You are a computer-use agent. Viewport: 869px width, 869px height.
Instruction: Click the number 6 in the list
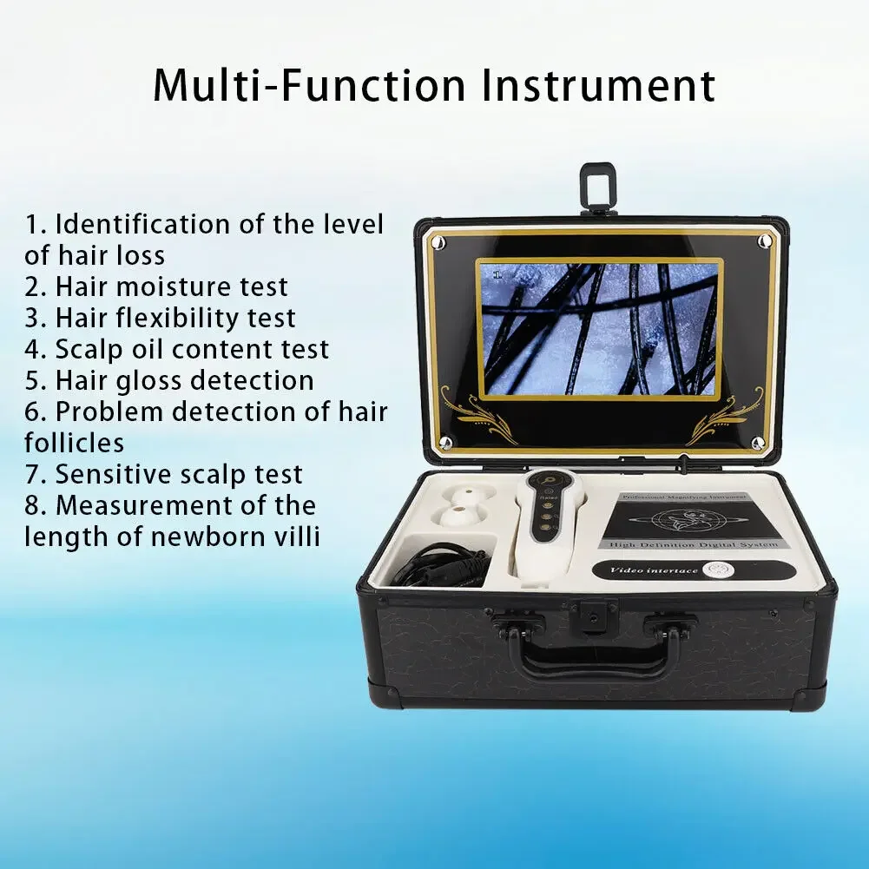pyautogui.click(x=33, y=412)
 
